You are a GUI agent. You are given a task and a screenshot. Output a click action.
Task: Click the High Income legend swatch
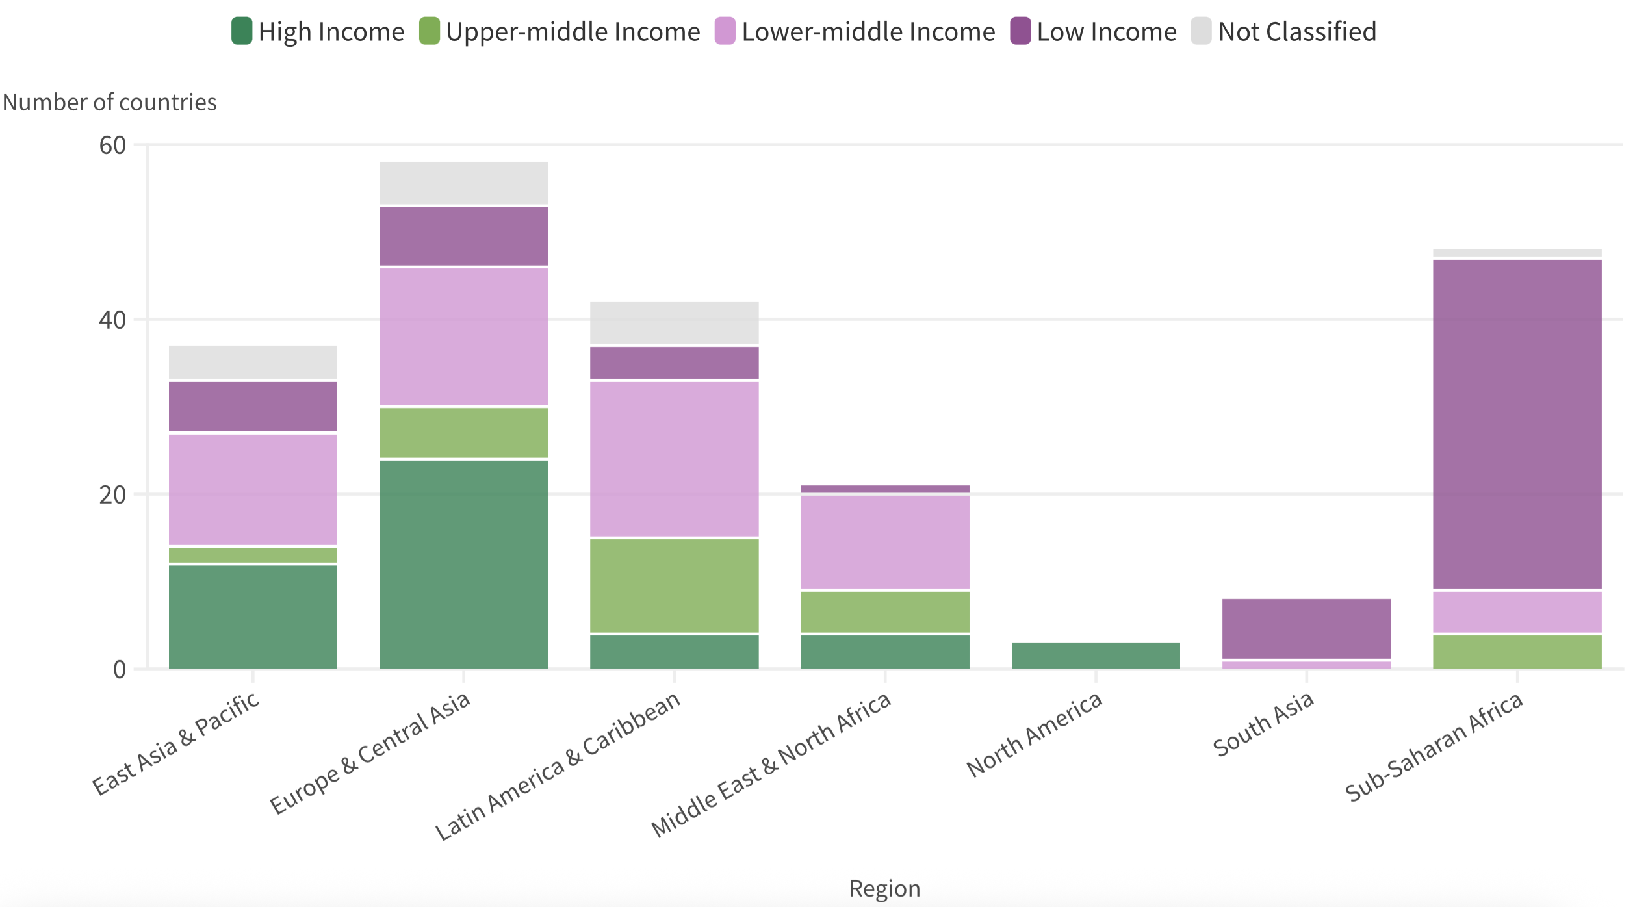point(242,31)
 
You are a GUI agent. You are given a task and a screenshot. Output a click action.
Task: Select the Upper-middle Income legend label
point(573,32)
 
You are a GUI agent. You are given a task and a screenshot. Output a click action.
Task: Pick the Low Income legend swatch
point(1020,31)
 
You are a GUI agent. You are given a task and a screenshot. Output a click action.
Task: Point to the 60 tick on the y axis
point(112,146)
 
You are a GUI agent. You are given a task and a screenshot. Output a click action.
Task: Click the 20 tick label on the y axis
point(112,495)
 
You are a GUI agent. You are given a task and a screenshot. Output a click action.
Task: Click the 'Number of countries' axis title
point(110,103)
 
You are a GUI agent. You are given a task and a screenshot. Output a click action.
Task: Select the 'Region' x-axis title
point(884,888)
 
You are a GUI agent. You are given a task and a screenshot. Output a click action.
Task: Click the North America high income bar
point(1096,656)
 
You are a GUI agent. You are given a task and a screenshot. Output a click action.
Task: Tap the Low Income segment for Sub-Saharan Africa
point(1517,424)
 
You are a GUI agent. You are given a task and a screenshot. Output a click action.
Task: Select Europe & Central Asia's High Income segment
point(463,564)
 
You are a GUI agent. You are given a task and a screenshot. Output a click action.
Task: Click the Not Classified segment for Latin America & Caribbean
point(674,323)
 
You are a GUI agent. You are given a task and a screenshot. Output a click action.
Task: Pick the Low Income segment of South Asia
point(1306,628)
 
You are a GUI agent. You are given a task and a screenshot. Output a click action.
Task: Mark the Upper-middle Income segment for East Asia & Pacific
point(253,556)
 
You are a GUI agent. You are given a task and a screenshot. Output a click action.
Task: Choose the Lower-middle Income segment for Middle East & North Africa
point(884,542)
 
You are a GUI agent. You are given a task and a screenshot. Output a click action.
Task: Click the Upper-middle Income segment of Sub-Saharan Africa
point(1517,652)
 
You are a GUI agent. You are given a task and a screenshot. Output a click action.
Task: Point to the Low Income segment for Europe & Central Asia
point(463,236)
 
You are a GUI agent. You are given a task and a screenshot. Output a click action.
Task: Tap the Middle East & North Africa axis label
point(771,765)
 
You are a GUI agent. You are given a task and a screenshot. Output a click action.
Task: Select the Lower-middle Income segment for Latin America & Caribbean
point(674,459)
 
